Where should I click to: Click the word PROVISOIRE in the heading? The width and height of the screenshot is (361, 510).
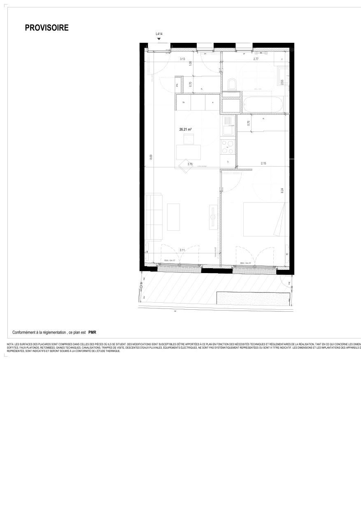pos(47,28)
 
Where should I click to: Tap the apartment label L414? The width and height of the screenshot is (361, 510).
pos(159,34)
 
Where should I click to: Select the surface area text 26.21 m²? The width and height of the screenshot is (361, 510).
pos(185,129)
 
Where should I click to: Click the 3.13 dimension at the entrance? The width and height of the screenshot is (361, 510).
pos(182,59)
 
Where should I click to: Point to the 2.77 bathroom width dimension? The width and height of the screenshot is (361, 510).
pos(256,59)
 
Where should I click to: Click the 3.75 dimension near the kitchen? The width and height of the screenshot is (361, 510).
pos(190,164)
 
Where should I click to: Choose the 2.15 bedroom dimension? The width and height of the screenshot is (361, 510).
pos(263,164)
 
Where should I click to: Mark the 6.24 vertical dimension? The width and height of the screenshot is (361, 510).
pos(282,191)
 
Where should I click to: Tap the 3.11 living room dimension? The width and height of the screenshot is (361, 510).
pos(182,250)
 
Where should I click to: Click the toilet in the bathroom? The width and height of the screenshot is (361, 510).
pos(232,85)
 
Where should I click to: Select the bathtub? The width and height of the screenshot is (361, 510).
pos(262,104)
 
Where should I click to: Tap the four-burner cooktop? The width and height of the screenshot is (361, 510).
pos(228,147)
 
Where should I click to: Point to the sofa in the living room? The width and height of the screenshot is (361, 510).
pos(154,217)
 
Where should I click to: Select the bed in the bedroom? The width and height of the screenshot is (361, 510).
pos(266,219)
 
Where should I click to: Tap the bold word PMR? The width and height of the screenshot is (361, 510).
pos(92,332)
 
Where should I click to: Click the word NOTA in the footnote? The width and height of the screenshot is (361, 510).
pos(10,344)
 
